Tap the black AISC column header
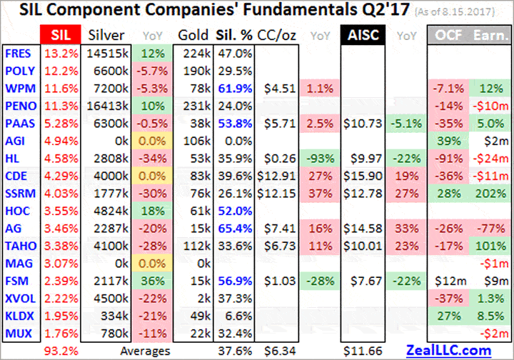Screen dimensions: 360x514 click(364, 35)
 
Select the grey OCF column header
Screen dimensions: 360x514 click(448, 35)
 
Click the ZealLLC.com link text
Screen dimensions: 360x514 click(448, 349)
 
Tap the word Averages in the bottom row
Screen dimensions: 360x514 click(145, 350)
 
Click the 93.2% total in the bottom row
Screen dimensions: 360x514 click(61, 350)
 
